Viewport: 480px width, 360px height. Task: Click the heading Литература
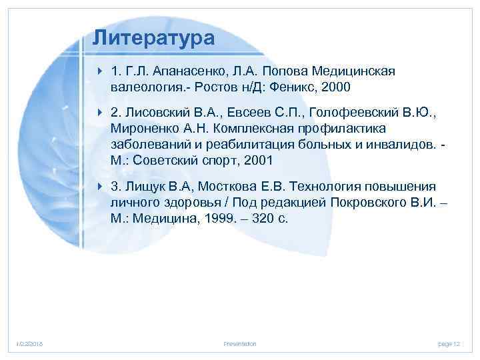[x=153, y=37]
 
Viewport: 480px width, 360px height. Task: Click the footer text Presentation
[x=240, y=343]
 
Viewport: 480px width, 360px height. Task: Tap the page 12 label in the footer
[x=449, y=343]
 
